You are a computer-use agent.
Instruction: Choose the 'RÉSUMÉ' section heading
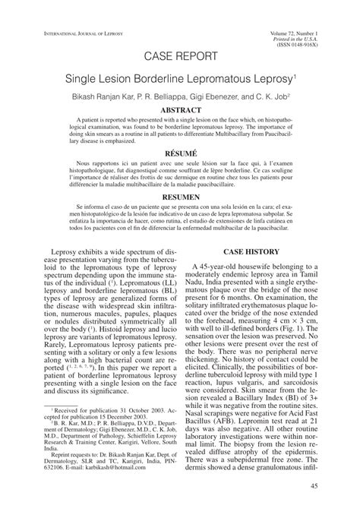click(180, 152)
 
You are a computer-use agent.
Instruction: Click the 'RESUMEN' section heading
click(180, 195)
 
